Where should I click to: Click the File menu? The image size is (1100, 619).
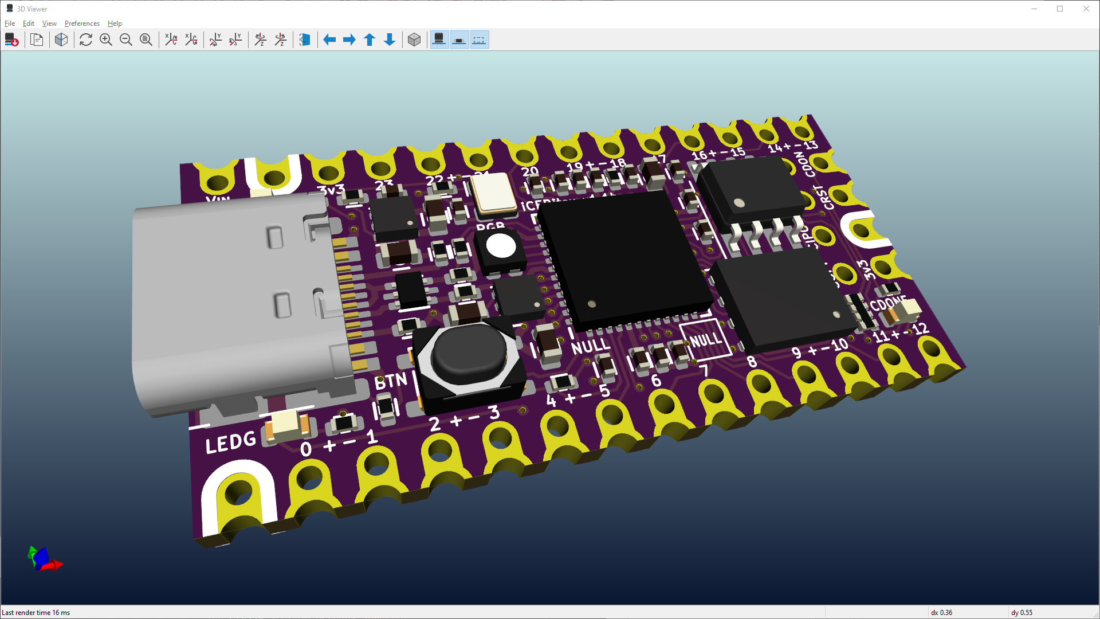[x=10, y=23]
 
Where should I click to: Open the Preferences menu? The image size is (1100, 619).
[x=82, y=23]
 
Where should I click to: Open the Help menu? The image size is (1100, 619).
[x=115, y=23]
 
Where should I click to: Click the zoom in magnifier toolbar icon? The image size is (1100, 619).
[x=106, y=40]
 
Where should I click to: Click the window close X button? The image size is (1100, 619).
[x=1086, y=9]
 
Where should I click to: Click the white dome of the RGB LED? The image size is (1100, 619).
[x=501, y=246]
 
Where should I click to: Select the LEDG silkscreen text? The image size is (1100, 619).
[x=230, y=442]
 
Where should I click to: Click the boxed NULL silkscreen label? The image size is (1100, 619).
[x=705, y=340]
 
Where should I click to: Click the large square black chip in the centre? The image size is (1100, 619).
[x=624, y=261]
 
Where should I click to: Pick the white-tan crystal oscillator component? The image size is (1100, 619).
[x=493, y=191]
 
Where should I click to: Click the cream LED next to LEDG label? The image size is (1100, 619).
[x=288, y=425]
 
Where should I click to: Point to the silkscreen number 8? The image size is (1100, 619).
[x=752, y=362]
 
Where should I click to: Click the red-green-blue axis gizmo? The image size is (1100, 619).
[x=43, y=559]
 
